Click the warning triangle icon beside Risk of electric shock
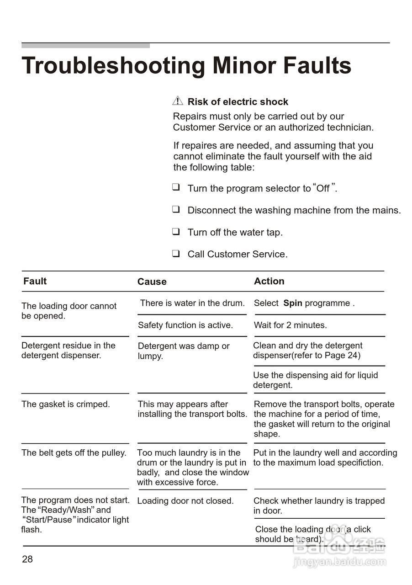[178, 101]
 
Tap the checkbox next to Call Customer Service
[176, 253]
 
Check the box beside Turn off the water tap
[176, 231]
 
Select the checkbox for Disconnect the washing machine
[176, 209]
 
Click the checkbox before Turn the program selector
[176, 187]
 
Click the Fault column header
[35, 281]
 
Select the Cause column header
[152, 282]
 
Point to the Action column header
[269, 281]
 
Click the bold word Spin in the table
[293, 303]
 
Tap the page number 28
[27, 559]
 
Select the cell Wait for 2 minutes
[290, 325]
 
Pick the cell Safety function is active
[185, 325]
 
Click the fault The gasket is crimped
[66, 404]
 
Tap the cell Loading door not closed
[185, 500]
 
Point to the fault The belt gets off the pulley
[74, 452]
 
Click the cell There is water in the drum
[192, 303]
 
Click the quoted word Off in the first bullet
[323, 188]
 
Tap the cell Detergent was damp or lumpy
[184, 351]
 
